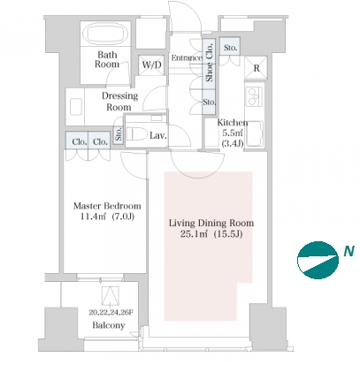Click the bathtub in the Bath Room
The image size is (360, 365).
pyautogui.click(x=106, y=34)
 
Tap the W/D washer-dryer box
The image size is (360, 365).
pyautogui.click(x=151, y=65)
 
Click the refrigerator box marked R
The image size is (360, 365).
pyautogui.click(x=256, y=68)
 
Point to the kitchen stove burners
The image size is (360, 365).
pyautogui.click(x=254, y=96)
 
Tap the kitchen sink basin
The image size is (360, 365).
pyautogui.click(x=255, y=133)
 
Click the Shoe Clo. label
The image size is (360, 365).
pyautogui.click(x=209, y=63)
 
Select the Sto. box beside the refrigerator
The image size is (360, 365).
pyautogui.click(x=230, y=47)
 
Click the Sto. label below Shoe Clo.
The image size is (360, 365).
pyautogui.click(x=209, y=102)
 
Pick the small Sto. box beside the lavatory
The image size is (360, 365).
pyautogui.click(x=119, y=134)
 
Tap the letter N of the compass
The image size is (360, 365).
pyautogui.click(x=349, y=251)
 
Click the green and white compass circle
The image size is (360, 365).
pyautogui.click(x=318, y=260)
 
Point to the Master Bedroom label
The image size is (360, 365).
pyautogui.click(x=107, y=206)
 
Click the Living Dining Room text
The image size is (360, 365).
pyautogui.click(x=211, y=223)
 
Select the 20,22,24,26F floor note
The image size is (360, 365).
pyautogui.click(x=111, y=312)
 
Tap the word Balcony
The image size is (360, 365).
pyautogui.click(x=109, y=325)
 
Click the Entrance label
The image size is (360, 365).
pyautogui.click(x=187, y=57)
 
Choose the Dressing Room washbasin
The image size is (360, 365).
pyautogui.click(x=75, y=107)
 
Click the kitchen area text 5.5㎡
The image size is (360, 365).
pyautogui.click(x=232, y=133)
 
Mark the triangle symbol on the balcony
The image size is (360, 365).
pyautogui.click(x=111, y=295)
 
